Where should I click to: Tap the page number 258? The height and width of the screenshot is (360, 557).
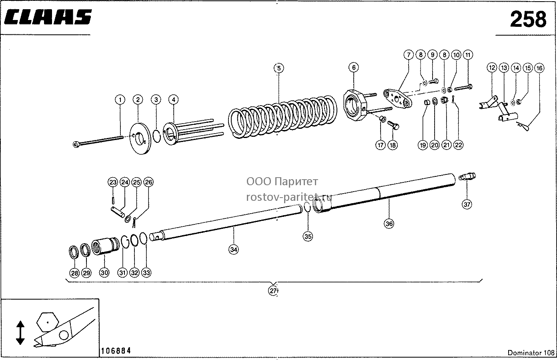pos(528,19)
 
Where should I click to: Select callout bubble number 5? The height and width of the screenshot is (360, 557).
pos(279,68)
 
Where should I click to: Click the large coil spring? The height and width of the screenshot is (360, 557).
pos(283,116)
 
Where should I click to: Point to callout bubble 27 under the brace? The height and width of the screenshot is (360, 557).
pos(273,291)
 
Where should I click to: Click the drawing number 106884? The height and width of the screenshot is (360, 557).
pos(116,351)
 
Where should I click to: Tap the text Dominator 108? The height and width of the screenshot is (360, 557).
pos(531,352)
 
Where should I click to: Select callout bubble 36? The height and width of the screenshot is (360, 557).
pos(389,224)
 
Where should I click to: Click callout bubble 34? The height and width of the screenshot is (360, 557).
pos(233,249)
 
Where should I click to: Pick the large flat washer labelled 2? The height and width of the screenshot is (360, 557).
pos(141,138)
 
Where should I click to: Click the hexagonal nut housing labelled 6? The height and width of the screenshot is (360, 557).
pos(355,106)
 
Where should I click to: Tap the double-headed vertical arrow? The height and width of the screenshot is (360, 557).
pos(20,333)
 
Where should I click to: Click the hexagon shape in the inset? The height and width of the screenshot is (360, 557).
pos(47,322)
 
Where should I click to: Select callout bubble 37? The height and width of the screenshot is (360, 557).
pos(467,204)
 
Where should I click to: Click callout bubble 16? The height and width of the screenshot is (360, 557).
pos(539,68)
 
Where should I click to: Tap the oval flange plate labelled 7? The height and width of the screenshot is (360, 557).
pos(398,98)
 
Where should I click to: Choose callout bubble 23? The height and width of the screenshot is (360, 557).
pos(113,182)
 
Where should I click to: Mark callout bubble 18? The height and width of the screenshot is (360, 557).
pos(393,145)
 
